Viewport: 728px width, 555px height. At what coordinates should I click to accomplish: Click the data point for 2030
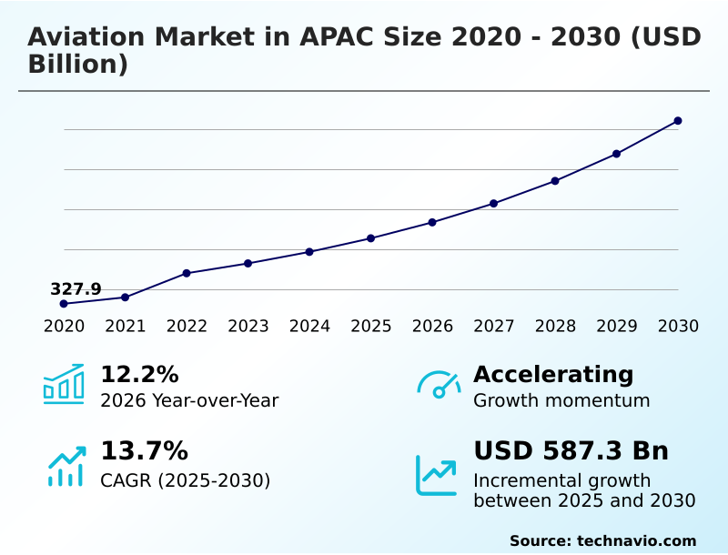coord(678,121)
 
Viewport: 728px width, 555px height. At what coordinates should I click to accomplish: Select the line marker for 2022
coord(187,273)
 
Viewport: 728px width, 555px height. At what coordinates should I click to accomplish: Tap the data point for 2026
coord(432,222)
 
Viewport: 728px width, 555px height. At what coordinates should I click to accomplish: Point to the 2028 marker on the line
coord(555,181)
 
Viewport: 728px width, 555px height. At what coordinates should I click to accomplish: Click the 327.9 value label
coord(76,289)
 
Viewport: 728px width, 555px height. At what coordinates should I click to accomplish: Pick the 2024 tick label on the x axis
coord(309,327)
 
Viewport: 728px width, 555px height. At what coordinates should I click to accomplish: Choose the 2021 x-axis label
coord(126,327)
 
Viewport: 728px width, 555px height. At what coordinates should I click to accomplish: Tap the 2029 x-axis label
coord(616,327)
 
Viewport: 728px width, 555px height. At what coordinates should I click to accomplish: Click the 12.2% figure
coord(139,375)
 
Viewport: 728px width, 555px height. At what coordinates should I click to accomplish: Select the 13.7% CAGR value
coord(144,451)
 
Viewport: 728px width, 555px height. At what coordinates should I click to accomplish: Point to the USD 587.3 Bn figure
coord(571,451)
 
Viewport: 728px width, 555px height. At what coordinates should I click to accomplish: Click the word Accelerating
coord(553,375)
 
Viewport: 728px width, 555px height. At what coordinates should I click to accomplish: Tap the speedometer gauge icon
coord(439,385)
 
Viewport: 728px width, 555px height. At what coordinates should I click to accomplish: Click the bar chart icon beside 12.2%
coord(64,385)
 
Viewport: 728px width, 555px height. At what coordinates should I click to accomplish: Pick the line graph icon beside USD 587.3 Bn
coord(437,475)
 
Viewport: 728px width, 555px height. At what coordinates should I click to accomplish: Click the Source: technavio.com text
coord(602,540)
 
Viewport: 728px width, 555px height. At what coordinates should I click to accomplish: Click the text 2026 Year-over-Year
coord(189,400)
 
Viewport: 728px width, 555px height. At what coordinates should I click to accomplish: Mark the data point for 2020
coord(64,304)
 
